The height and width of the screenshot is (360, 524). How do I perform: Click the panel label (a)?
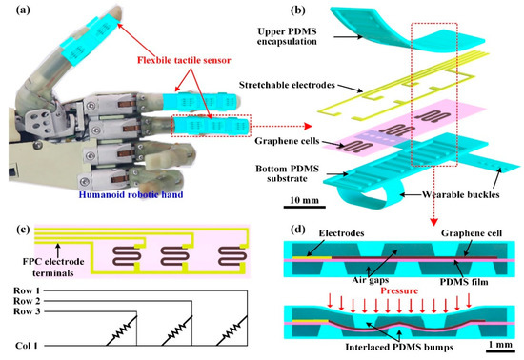16,11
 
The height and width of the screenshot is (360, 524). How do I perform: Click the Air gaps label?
372,270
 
